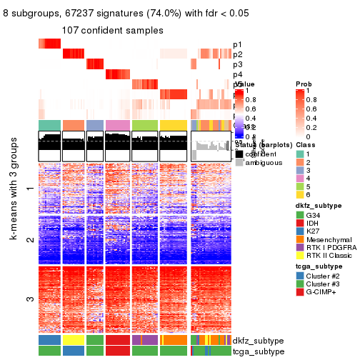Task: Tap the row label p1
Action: click(x=237, y=44)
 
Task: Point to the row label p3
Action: click(x=237, y=64)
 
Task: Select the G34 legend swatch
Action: click(x=300, y=216)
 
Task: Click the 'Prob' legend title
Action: click(x=304, y=84)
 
